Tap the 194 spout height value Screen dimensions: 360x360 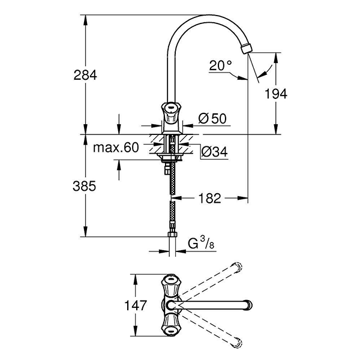coord(277,93)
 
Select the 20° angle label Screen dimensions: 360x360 coord(219,65)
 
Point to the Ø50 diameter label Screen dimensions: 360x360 coord(212,119)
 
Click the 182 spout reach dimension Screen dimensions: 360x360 coord(209,197)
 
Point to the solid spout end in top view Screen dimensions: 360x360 coord(245,305)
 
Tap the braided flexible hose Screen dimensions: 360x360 coord(172,204)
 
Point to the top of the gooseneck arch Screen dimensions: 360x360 coord(204,17)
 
